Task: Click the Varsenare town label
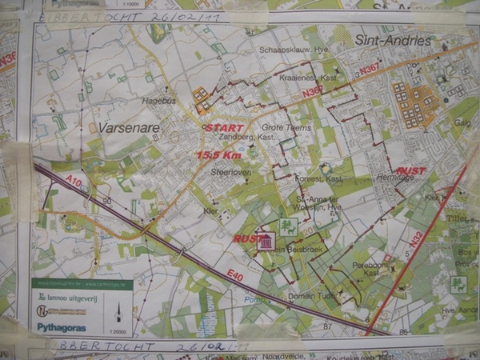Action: point(128,127)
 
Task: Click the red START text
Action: point(224,127)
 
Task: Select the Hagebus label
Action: point(158,102)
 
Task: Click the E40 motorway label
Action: point(234,276)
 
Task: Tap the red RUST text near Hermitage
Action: point(411,170)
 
